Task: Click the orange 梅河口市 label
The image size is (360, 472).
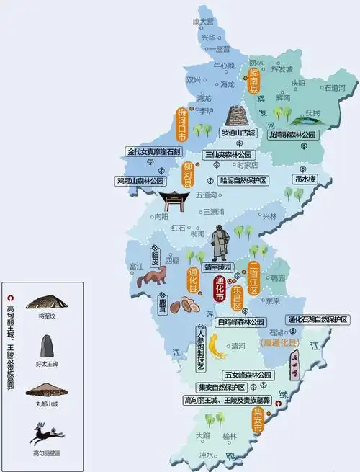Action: point(182,125)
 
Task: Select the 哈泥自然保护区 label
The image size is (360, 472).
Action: point(243,180)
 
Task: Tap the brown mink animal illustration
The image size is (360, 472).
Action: point(152,277)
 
